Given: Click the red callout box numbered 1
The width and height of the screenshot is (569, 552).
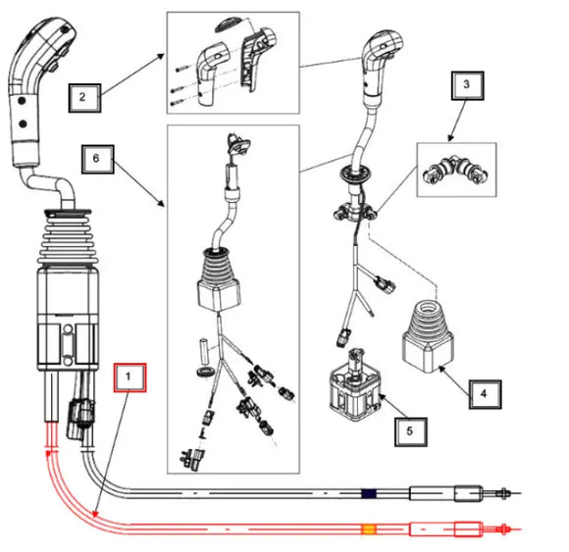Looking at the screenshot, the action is [129, 377].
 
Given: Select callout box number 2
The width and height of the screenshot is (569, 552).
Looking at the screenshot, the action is [84, 98].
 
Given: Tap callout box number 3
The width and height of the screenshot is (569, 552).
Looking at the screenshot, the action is [467, 85].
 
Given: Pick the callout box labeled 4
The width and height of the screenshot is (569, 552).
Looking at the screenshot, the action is [486, 394].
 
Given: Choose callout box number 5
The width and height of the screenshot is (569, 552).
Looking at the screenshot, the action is [411, 431].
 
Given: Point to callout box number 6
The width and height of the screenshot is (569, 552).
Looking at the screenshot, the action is [98, 159].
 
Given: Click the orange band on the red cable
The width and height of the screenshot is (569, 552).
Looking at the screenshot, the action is [369, 529].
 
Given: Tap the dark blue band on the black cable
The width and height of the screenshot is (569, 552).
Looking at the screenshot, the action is [369, 493].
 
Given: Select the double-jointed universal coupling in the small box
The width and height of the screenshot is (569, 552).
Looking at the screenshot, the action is [455, 170].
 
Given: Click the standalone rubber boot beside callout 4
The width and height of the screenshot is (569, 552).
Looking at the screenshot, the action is [428, 336].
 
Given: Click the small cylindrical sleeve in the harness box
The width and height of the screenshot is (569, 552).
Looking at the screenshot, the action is [205, 351].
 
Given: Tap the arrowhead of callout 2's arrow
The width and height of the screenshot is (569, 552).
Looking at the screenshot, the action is [161, 56].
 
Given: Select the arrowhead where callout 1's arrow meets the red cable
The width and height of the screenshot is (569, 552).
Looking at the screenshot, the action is [95, 514].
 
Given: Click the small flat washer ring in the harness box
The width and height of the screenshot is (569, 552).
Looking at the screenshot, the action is [205, 372].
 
